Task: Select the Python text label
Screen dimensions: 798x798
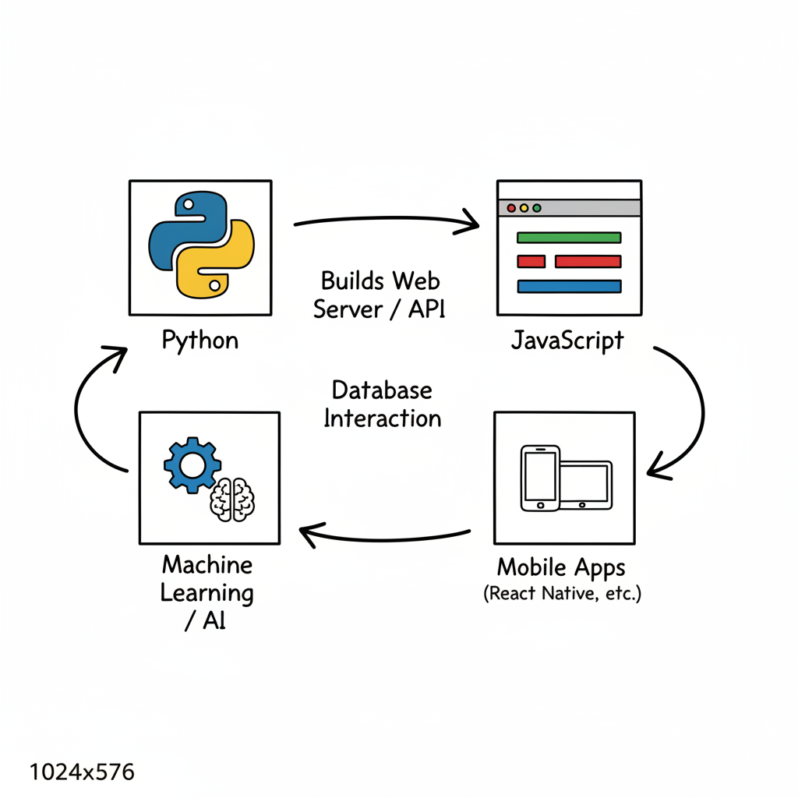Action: pos(200,341)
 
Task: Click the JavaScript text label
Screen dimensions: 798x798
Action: pos(567,341)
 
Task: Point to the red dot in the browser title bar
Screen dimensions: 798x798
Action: pos(512,208)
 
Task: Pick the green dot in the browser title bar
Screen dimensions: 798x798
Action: pos(536,208)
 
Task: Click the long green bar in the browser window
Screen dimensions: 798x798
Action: pos(569,238)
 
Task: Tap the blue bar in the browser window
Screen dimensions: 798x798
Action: pos(569,286)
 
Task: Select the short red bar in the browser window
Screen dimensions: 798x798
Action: pos(531,262)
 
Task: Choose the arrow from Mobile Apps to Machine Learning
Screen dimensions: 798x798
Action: pos(386,536)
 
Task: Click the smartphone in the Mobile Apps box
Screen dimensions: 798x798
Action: pos(540,478)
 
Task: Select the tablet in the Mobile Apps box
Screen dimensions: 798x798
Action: pos(586,485)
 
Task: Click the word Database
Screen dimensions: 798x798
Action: pos(381,389)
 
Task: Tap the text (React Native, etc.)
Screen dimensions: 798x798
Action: pos(562,594)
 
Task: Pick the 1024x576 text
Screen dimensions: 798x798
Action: pos(82,772)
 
